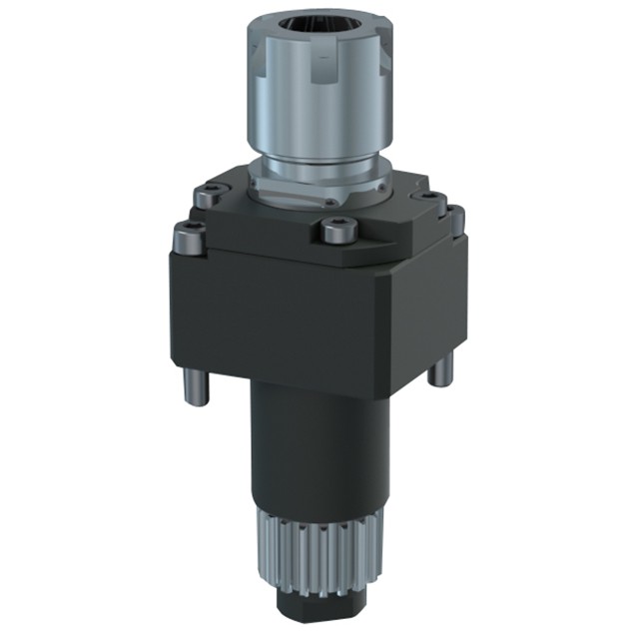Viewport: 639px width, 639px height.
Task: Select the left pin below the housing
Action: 194,389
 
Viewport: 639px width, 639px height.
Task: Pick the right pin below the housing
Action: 435,369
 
